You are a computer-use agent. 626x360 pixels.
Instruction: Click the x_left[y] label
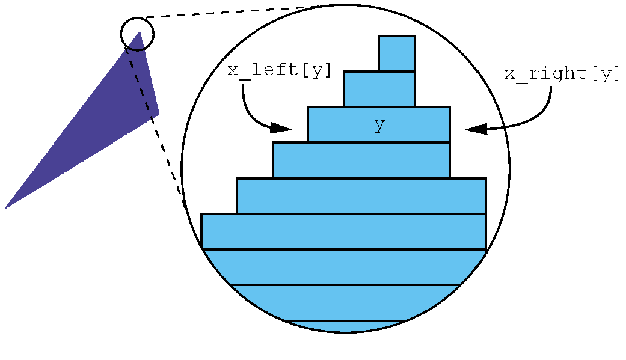[280, 70]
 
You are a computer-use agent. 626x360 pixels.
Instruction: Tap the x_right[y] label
[562, 74]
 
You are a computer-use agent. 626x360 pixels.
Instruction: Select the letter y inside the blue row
[379, 125]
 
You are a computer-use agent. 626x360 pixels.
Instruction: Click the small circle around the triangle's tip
[138, 34]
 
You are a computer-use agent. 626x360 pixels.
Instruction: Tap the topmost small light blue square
[397, 53]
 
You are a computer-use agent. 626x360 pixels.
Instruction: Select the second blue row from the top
[379, 89]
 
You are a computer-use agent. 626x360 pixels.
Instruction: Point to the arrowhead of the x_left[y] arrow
[281, 127]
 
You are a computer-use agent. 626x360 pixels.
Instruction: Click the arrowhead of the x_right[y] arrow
[476, 129]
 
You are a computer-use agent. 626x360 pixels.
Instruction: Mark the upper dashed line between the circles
[241, 11]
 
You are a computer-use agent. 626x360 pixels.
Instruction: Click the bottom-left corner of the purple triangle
[5, 208]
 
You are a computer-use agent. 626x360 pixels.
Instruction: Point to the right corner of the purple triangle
[158, 113]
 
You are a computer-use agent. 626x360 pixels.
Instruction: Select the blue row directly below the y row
[361, 160]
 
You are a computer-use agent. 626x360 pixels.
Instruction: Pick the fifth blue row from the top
[361, 196]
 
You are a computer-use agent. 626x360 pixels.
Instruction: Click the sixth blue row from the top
[343, 231]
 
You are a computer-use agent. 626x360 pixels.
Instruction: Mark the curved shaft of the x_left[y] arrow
[247, 108]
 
